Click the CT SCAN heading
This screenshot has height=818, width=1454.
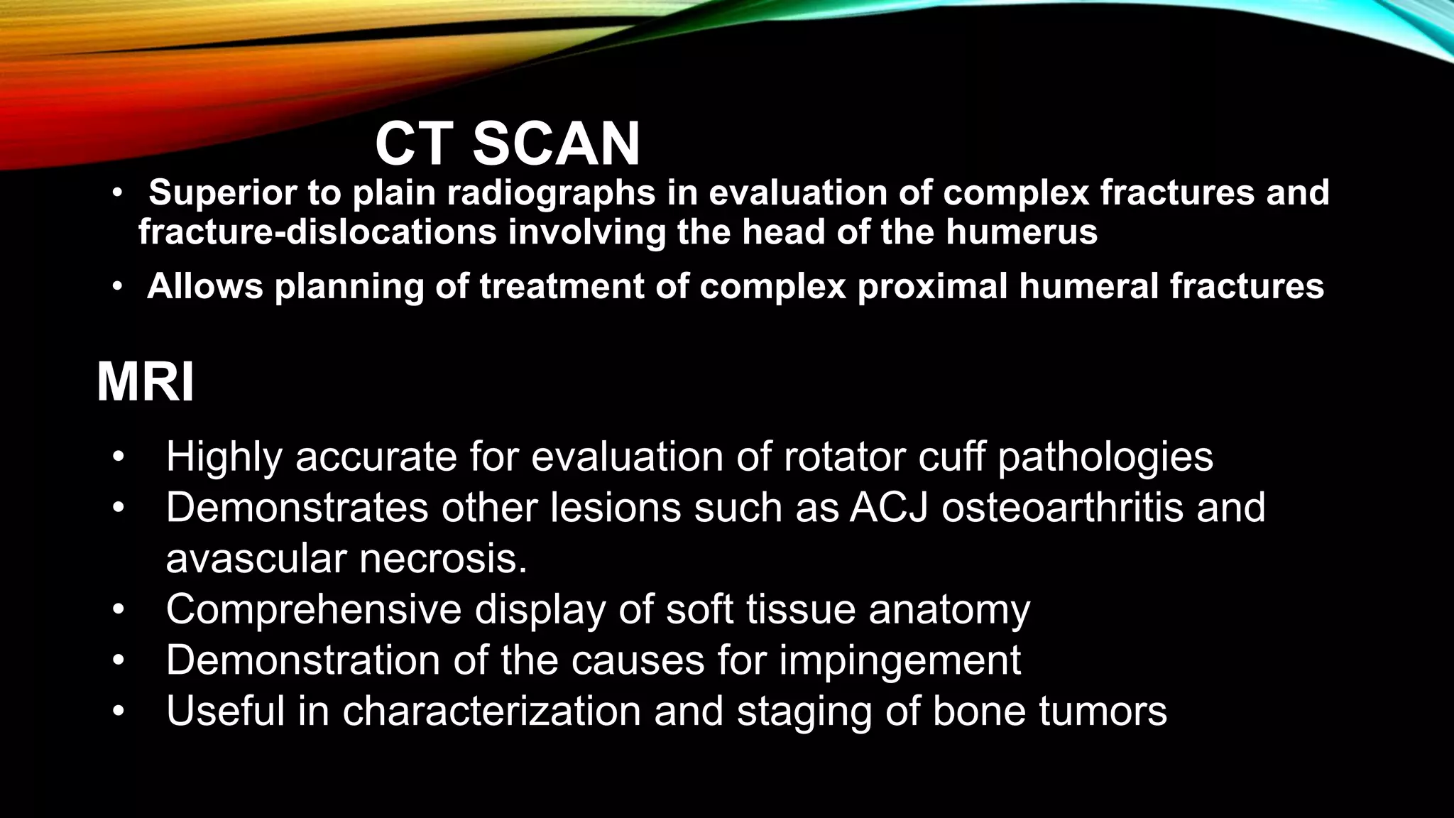[x=507, y=144]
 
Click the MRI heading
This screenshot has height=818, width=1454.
[x=145, y=383]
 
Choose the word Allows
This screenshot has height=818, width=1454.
[x=204, y=286]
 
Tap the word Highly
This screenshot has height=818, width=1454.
[x=224, y=457]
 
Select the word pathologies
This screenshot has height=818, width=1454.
[x=1105, y=457]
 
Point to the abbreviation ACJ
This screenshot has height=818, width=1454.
[x=889, y=508]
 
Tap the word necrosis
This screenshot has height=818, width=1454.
[x=443, y=559]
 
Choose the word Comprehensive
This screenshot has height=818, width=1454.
[x=314, y=609]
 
